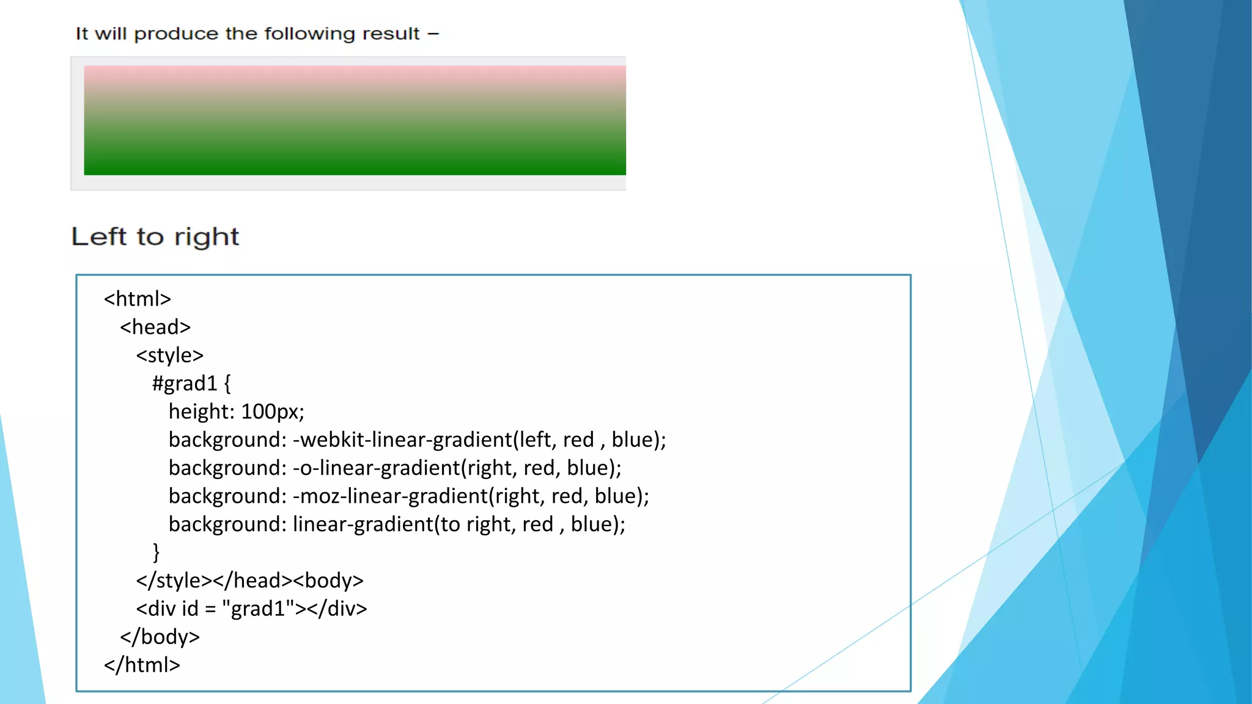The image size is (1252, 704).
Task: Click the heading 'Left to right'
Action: click(x=155, y=237)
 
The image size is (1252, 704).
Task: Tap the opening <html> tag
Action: click(x=138, y=299)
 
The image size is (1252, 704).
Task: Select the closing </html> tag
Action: click(x=142, y=664)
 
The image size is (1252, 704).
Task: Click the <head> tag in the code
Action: click(x=155, y=327)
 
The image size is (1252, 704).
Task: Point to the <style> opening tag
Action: click(x=169, y=355)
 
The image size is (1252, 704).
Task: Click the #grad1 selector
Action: click(x=185, y=383)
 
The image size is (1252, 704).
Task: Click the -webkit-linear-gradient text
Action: click(x=402, y=439)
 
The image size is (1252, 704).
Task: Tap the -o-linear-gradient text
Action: click(x=376, y=468)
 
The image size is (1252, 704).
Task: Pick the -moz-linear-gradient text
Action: click(x=390, y=496)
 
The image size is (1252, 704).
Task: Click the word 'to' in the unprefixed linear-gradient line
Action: click(x=450, y=524)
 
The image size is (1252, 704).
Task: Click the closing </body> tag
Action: click(x=160, y=636)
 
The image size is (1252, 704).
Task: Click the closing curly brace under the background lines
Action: click(x=156, y=552)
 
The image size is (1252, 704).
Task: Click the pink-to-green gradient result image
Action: click(x=355, y=120)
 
